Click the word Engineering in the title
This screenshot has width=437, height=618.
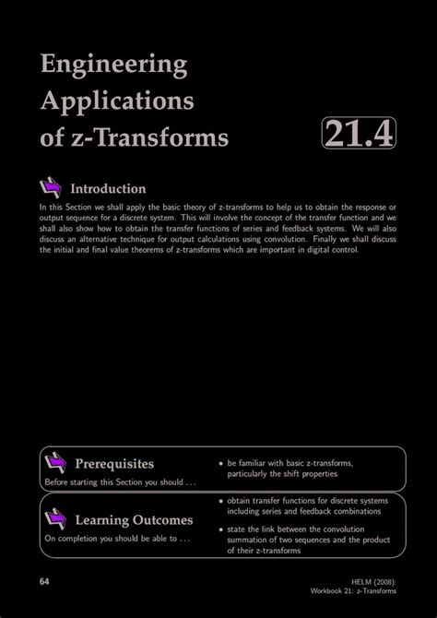(113, 65)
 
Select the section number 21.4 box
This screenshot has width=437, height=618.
(359, 135)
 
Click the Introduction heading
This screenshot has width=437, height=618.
(122, 189)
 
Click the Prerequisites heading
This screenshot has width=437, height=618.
(114, 463)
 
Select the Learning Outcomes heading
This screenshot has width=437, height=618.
(134, 520)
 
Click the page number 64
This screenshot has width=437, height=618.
(45, 581)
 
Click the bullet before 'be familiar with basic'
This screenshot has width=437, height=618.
(221, 463)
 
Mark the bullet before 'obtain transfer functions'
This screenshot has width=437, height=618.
(221, 501)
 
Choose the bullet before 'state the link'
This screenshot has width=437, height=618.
(221, 530)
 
